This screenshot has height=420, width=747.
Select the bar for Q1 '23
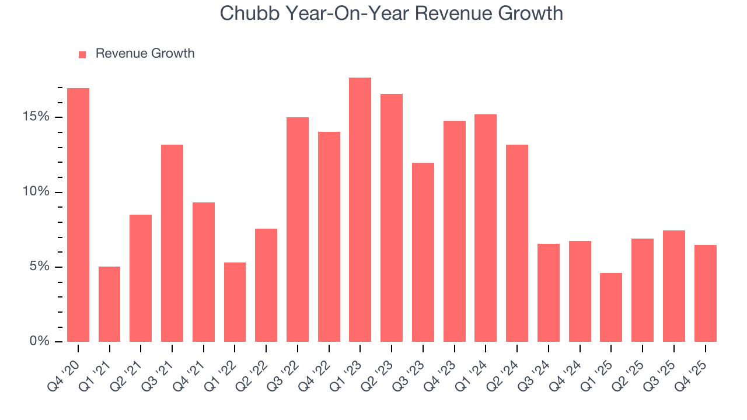360,209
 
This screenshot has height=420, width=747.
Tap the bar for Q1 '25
611,307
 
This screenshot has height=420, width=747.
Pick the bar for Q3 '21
172,243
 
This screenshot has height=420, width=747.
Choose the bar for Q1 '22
235,302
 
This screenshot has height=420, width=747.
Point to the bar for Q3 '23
423,252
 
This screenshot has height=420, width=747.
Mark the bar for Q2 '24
517,243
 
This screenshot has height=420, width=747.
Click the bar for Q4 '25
705,293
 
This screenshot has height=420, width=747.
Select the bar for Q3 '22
298,229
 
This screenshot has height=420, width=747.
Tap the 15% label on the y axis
36,117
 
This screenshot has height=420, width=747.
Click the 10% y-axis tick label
36,192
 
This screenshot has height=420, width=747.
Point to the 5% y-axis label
40,267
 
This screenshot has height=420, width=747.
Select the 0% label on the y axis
40,341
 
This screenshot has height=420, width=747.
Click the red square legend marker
82,54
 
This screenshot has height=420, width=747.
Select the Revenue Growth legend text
145,54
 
